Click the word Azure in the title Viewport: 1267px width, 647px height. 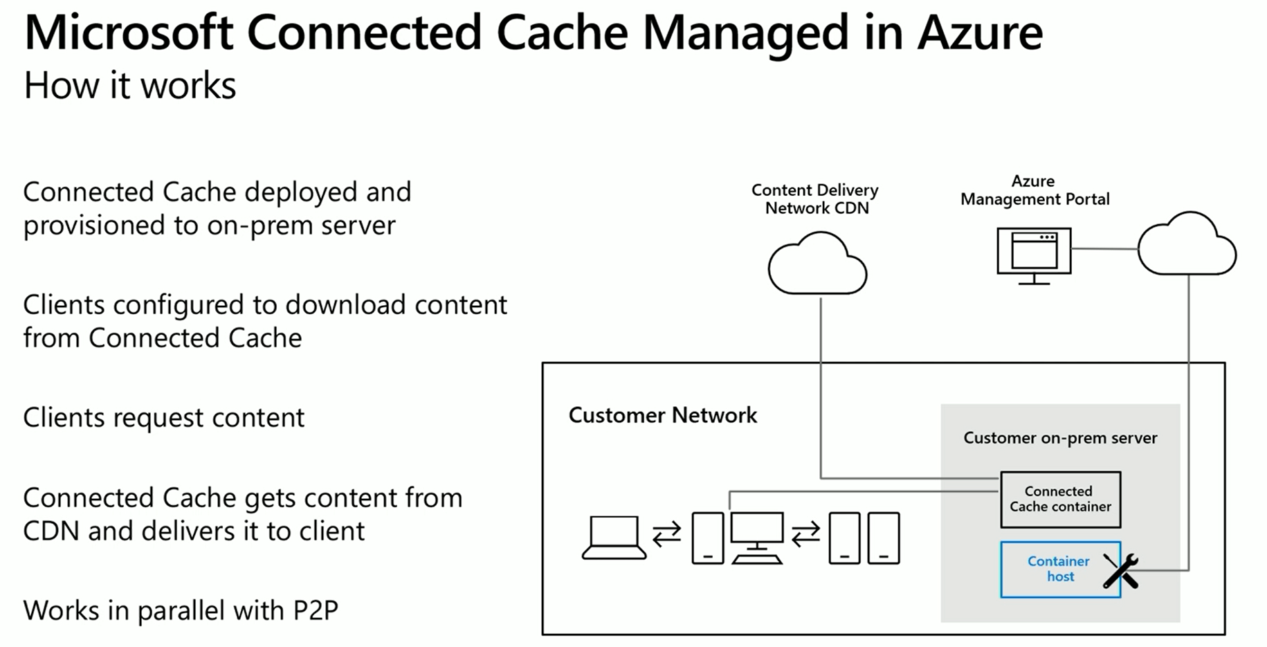click(x=979, y=33)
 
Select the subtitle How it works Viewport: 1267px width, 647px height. click(x=129, y=86)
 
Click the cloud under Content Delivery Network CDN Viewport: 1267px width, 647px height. click(x=817, y=266)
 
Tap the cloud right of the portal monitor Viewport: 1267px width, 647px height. click(x=1187, y=246)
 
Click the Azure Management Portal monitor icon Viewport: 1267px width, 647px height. click(x=1034, y=253)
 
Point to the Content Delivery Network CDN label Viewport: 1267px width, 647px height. click(x=815, y=199)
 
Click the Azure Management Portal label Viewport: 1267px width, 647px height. click(x=1034, y=190)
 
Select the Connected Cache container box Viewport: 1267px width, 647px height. click(x=1060, y=499)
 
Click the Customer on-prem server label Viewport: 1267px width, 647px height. click(x=1059, y=438)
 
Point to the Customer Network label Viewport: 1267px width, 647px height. click(x=662, y=415)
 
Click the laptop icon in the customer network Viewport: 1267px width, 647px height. click(x=614, y=537)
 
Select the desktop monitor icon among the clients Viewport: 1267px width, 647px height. click(x=757, y=537)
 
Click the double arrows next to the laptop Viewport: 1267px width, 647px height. click(x=666, y=534)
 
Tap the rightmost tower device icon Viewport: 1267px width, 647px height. click(x=884, y=538)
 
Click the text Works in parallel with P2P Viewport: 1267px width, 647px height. click(x=181, y=610)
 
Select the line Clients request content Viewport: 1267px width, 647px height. click(x=163, y=417)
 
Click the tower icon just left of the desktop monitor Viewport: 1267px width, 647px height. click(x=707, y=538)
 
